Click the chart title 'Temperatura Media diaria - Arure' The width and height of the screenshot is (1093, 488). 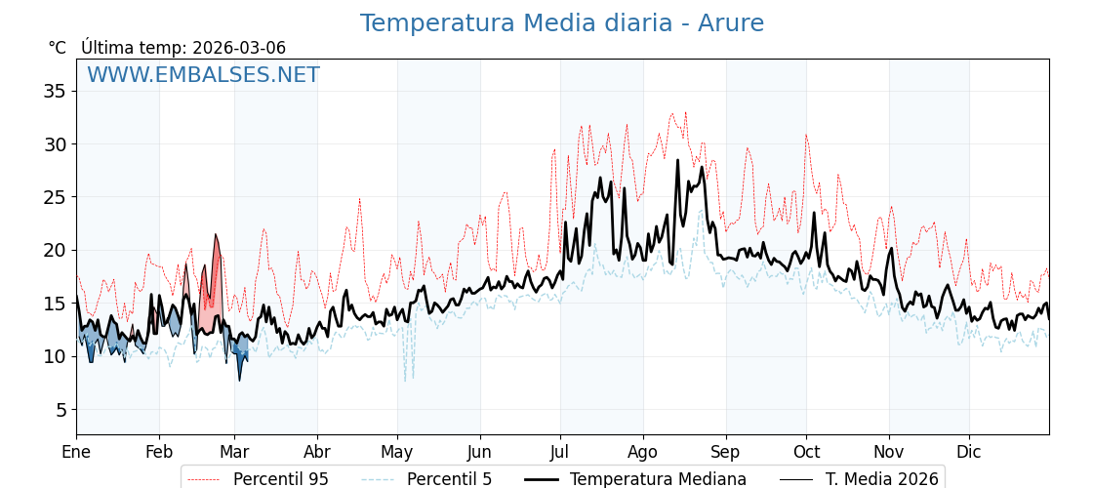click(x=562, y=23)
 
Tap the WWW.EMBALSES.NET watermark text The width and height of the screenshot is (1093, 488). click(x=203, y=75)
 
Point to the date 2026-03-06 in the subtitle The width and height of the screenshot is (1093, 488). click(x=239, y=48)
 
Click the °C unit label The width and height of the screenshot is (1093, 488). click(x=58, y=48)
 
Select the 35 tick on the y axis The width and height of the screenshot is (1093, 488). click(x=55, y=92)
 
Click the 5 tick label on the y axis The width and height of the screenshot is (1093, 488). click(x=60, y=410)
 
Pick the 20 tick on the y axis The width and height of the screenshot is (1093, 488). click(x=55, y=251)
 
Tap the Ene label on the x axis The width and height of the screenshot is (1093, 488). click(x=76, y=452)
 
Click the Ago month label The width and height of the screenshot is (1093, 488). click(x=643, y=452)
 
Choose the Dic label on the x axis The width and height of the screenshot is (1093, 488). click(x=969, y=452)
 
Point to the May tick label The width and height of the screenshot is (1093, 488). click(x=397, y=452)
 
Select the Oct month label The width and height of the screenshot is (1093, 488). click(x=806, y=452)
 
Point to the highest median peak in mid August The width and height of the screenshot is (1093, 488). click(x=677, y=161)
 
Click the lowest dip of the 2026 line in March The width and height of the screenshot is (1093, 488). click(x=239, y=379)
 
